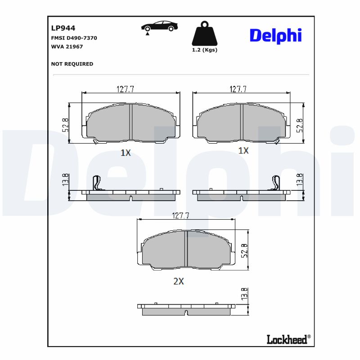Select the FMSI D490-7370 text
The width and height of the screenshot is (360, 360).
(x=74, y=38)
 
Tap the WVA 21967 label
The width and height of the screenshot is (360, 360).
(x=67, y=46)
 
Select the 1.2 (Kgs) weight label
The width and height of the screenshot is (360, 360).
(x=204, y=50)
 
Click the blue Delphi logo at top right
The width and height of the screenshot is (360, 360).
(x=275, y=35)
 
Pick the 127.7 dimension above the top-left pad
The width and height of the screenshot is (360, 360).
(x=126, y=89)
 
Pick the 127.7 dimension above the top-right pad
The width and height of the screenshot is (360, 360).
(x=238, y=89)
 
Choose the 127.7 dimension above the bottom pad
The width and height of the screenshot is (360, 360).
(x=180, y=216)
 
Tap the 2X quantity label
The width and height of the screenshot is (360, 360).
(x=179, y=281)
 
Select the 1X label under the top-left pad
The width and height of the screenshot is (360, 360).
(x=126, y=153)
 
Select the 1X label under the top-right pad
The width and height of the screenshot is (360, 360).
(x=243, y=150)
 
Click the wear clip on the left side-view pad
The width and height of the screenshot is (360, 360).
(x=96, y=182)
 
